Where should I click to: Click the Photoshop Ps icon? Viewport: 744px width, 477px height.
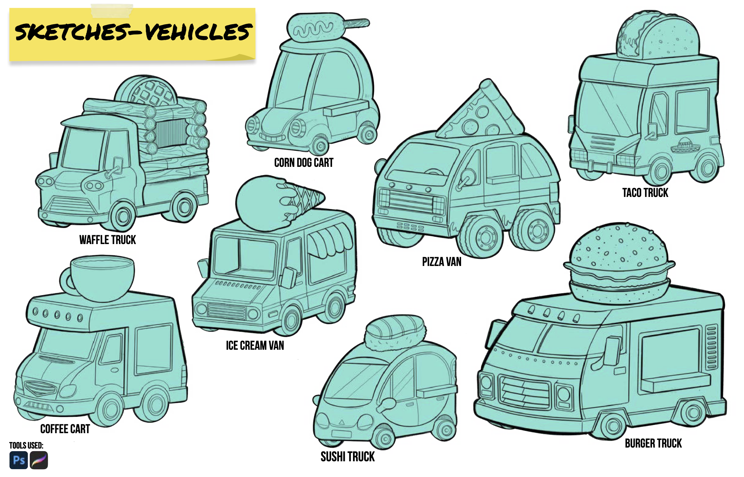click(19, 460)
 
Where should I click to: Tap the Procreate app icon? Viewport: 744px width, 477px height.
click(39, 460)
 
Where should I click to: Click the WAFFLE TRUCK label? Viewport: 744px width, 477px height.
click(107, 240)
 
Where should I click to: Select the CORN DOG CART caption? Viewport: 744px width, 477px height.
click(304, 163)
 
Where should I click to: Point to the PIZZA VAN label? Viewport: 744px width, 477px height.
click(441, 262)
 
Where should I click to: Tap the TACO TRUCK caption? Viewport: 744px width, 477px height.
click(645, 193)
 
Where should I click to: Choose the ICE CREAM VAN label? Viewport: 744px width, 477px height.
click(255, 345)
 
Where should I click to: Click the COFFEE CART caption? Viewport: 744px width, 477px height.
click(65, 429)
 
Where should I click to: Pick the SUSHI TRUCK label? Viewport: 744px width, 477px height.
click(347, 456)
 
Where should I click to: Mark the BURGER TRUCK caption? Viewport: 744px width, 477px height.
click(653, 443)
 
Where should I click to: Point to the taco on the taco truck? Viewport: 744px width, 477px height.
click(658, 36)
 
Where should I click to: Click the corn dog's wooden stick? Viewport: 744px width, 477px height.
click(357, 24)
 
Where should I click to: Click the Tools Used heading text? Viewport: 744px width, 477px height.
click(26, 445)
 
